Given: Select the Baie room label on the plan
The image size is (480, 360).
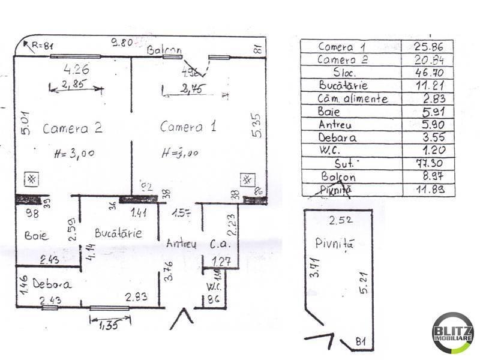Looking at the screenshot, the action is click(37, 235).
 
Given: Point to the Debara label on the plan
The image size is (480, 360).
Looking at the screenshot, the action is click(52, 284).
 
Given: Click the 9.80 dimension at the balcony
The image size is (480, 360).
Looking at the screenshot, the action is click(122, 43).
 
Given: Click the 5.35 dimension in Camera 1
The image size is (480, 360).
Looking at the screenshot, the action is click(257, 127).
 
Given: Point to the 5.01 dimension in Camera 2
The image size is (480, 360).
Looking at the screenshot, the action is click(23, 123).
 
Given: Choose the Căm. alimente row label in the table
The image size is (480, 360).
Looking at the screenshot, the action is click(353, 98).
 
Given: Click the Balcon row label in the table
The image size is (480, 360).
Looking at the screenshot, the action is click(338, 177).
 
